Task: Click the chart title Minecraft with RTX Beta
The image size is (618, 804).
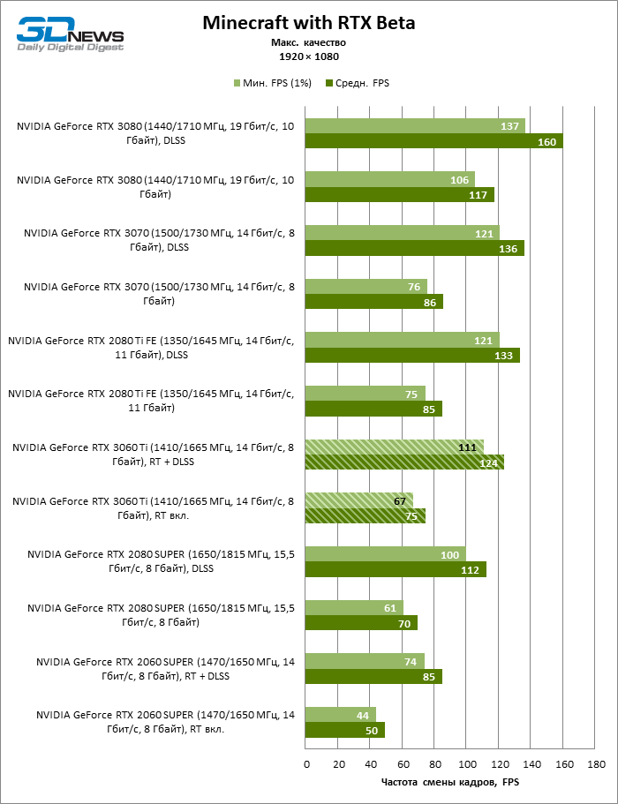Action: tap(308, 22)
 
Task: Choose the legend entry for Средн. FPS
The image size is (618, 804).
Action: tap(358, 83)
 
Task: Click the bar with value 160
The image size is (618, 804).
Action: tap(433, 141)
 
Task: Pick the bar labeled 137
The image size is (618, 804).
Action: tap(415, 126)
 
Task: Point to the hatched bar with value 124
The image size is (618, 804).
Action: tap(404, 462)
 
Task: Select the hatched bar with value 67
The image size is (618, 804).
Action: tap(358, 501)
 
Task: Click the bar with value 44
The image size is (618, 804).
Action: tap(340, 715)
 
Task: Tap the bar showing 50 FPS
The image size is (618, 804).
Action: tap(345, 731)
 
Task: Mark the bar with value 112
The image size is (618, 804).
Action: tap(396, 569)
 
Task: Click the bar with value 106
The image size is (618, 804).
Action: tap(390, 179)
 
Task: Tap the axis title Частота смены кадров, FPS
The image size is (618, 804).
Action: tap(449, 781)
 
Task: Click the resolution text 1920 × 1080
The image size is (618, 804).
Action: tap(308, 55)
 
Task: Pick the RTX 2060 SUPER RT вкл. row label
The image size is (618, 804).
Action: tap(166, 723)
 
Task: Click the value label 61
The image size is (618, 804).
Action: tap(389, 608)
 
